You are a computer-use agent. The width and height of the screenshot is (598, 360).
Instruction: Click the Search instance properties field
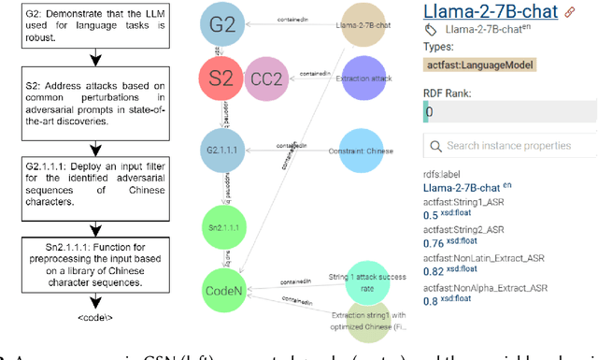(x=512, y=146)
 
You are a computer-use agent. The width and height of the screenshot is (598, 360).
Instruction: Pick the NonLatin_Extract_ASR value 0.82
(x=436, y=270)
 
